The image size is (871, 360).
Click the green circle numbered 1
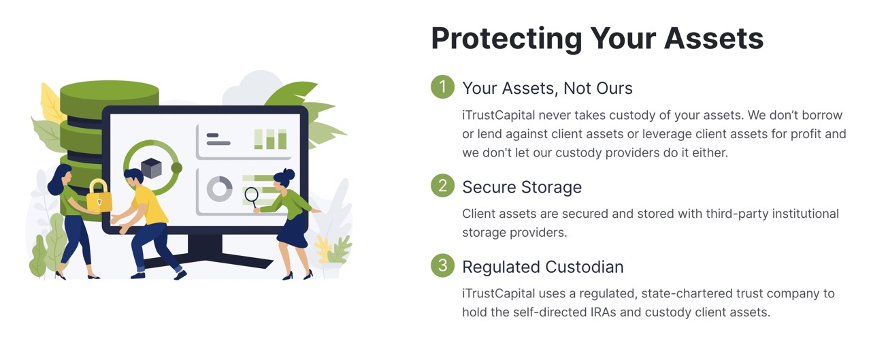tap(442, 87)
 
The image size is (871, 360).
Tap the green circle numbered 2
tap(442, 186)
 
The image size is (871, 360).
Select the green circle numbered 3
tap(442, 265)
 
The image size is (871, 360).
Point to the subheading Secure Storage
tap(521, 187)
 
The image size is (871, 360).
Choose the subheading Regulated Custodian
tap(542, 267)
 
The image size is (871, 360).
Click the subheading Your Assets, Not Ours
tap(547, 88)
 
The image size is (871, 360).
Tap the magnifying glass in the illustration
tap(251, 196)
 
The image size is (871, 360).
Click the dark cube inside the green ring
tap(151, 167)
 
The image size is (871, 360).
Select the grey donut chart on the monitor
tap(219, 189)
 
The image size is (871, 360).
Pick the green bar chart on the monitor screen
tap(270, 139)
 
